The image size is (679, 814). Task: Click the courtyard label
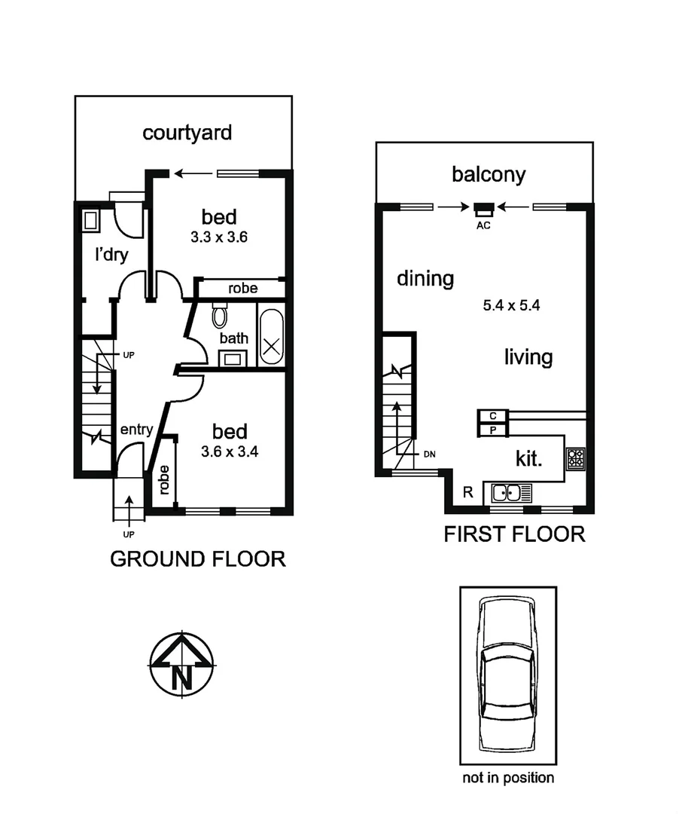click(x=187, y=133)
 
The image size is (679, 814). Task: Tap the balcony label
click(x=489, y=175)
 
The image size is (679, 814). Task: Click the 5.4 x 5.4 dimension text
click(x=512, y=306)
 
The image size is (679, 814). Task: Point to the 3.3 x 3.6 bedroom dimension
click(x=218, y=236)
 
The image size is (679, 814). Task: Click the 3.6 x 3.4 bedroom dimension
click(x=229, y=451)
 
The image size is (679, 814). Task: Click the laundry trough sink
click(x=91, y=220)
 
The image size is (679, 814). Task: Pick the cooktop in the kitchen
click(x=576, y=457)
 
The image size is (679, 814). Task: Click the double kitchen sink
click(x=511, y=493)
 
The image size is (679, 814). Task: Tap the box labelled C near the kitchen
click(x=493, y=416)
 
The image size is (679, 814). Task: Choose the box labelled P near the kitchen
click(x=493, y=430)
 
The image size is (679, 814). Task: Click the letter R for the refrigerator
click(x=467, y=493)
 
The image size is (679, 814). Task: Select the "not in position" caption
click(x=508, y=778)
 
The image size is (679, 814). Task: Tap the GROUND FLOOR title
click(x=198, y=559)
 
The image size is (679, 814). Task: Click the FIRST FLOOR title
click(x=514, y=534)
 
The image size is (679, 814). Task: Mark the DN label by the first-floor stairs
click(x=430, y=454)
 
